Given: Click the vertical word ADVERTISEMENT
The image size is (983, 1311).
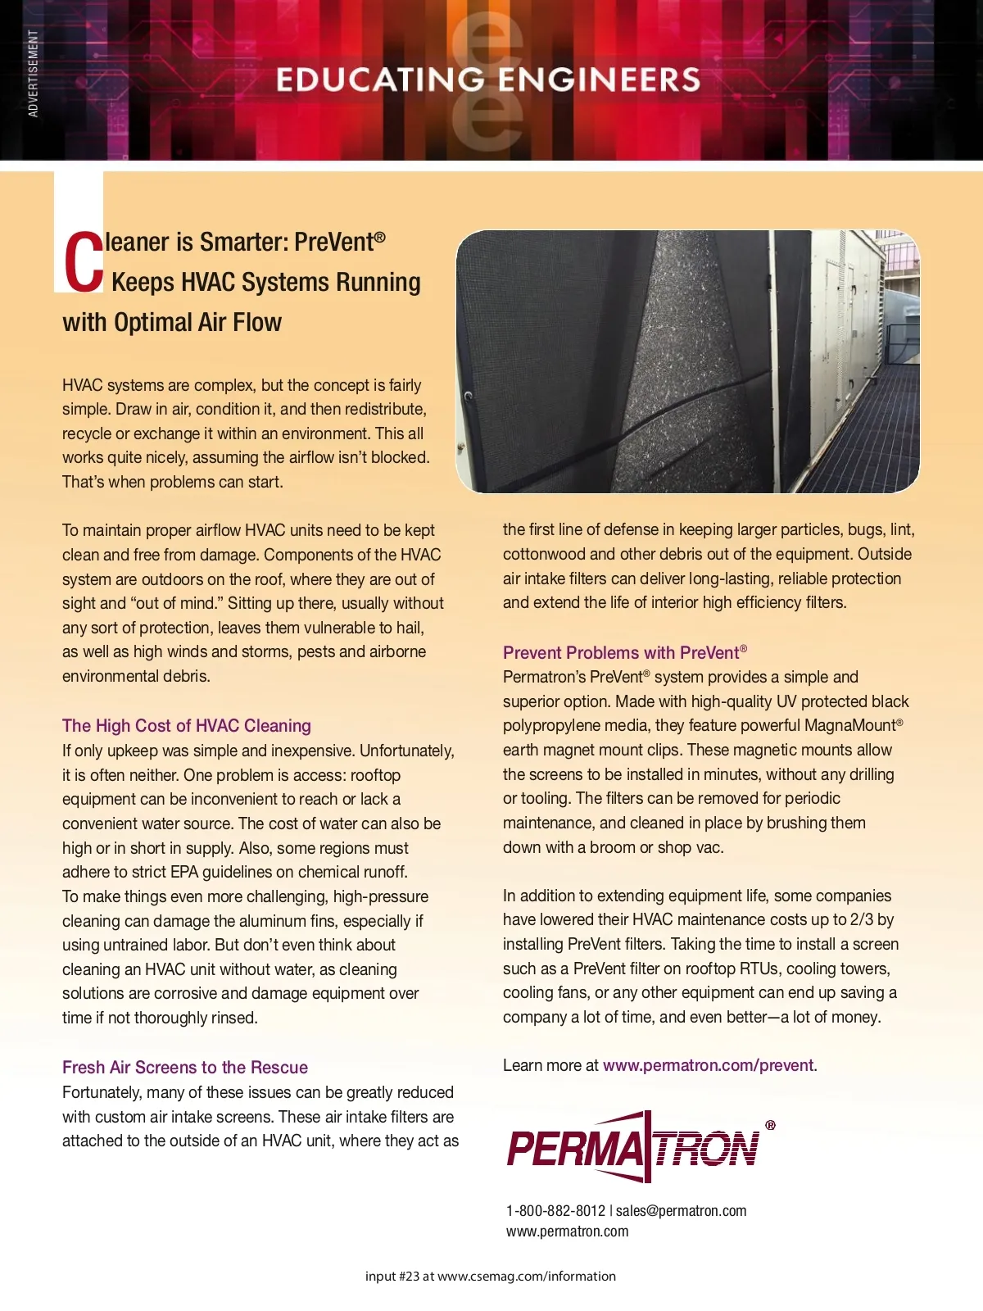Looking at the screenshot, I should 34,74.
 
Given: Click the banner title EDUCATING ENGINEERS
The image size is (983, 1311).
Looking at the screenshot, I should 488,79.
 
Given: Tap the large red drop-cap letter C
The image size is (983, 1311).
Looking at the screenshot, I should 83,262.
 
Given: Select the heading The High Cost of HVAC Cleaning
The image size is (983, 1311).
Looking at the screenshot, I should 187,726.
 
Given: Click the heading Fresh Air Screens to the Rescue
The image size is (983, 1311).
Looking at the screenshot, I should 185,1068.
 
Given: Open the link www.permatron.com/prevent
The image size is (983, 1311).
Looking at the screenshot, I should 709,1065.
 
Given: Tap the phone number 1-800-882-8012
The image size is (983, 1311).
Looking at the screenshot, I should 555,1211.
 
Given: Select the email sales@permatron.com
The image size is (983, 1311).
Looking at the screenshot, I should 681,1211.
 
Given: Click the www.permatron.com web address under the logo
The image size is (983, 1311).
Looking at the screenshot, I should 567,1232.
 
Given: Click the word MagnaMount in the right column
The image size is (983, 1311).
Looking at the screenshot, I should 850,726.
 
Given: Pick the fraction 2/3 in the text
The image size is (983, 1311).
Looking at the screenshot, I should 862,920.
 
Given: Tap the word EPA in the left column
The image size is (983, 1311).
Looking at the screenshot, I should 184,873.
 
